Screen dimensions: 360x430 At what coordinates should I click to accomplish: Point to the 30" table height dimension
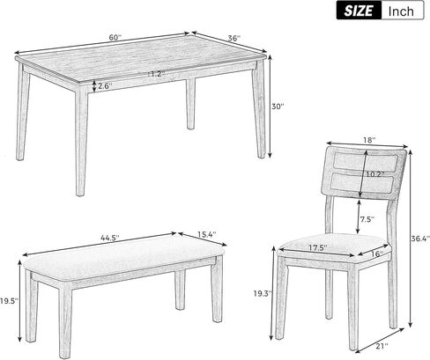pos(278,107)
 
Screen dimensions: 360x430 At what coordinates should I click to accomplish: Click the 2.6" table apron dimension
pos(103,86)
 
